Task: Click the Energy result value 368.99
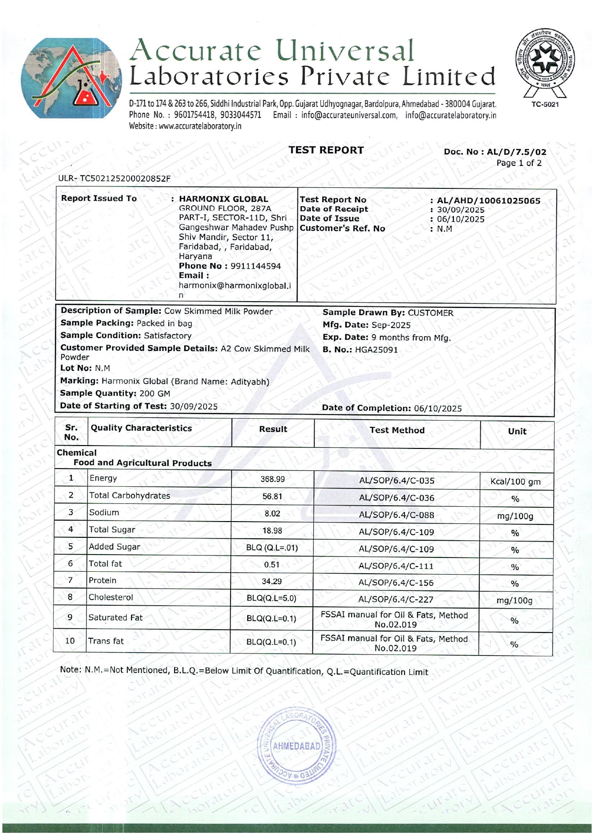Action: [x=272, y=479]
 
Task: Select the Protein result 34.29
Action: [x=272, y=581]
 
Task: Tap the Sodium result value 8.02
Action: [x=272, y=513]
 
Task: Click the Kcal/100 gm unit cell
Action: [x=516, y=482]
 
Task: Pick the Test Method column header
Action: [x=397, y=430]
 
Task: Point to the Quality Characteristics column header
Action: [x=141, y=428]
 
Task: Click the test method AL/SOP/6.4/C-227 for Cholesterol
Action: [x=396, y=599]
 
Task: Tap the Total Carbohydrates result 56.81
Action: [x=272, y=496]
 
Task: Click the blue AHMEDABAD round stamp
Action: [x=297, y=747]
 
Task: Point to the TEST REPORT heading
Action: [x=326, y=150]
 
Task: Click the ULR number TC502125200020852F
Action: [x=125, y=179]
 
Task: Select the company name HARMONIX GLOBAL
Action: [x=223, y=199]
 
